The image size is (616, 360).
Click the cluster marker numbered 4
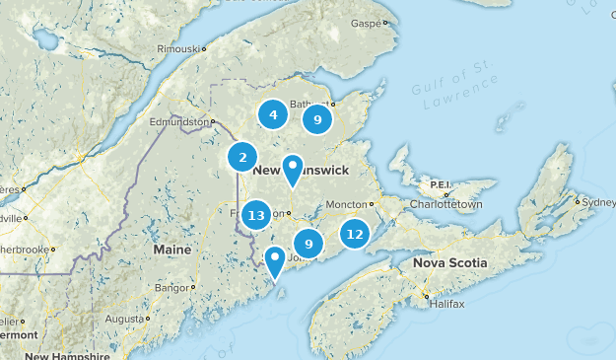273,115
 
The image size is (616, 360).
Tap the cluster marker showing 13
257,215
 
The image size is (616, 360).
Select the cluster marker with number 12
355,235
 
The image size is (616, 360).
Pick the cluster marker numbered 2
242,157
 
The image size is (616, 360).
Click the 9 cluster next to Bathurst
316,120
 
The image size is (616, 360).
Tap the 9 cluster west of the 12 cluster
308,244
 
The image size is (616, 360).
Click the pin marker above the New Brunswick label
293,170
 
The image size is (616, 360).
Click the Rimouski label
182,47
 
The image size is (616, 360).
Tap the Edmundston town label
179,121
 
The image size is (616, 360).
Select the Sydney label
599,202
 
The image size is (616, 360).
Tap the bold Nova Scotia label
448,263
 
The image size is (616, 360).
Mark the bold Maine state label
172,250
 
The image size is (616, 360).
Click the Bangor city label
171,287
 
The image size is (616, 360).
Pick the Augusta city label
125,319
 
